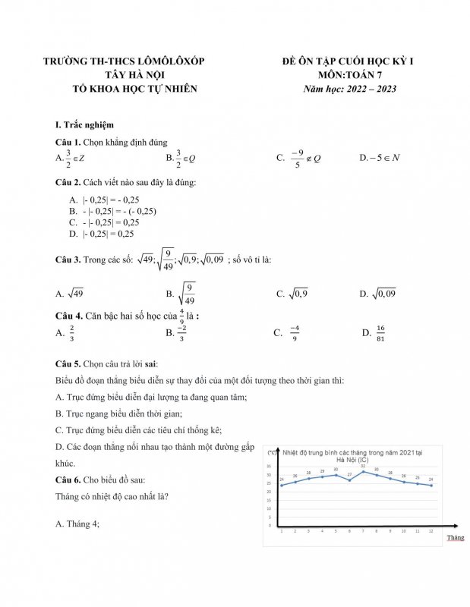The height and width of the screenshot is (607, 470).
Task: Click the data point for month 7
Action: point(363,471)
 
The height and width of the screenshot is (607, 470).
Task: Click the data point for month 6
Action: point(349,480)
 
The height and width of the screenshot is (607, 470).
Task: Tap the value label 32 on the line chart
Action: point(363,466)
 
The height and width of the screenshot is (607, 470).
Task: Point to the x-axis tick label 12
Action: point(431,531)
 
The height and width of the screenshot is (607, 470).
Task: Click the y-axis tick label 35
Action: point(268,467)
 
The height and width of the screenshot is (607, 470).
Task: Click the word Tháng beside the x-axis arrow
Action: point(455,537)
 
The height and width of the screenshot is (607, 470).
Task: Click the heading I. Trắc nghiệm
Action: point(85,124)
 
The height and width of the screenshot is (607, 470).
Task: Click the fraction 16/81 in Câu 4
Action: point(380,333)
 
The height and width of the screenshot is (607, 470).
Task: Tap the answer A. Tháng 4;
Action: point(78,524)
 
